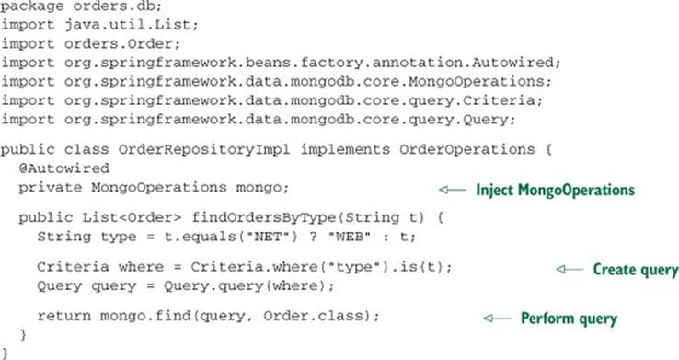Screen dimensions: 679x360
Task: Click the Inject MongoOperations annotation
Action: tap(555, 191)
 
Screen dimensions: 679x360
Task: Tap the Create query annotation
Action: tap(636, 270)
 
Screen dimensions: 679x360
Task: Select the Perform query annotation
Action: tap(569, 319)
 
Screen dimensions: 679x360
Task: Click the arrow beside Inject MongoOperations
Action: tap(453, 190)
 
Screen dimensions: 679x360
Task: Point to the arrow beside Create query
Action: tap(570, 269)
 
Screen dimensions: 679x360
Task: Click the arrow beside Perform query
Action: tap(497, 319)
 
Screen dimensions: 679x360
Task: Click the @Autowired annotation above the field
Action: tap(64, 168)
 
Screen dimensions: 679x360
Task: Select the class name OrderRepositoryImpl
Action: tap(204, 149)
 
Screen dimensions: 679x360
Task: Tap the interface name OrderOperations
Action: tap(467, 149)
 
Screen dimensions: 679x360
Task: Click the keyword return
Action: tap(64, 316)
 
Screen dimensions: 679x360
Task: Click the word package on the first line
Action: tap(32, 7)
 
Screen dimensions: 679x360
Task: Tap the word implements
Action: tap(345, 149)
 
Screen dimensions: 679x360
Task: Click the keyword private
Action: tap(51, 188)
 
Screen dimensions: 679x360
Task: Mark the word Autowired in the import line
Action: tap(512, 63)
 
